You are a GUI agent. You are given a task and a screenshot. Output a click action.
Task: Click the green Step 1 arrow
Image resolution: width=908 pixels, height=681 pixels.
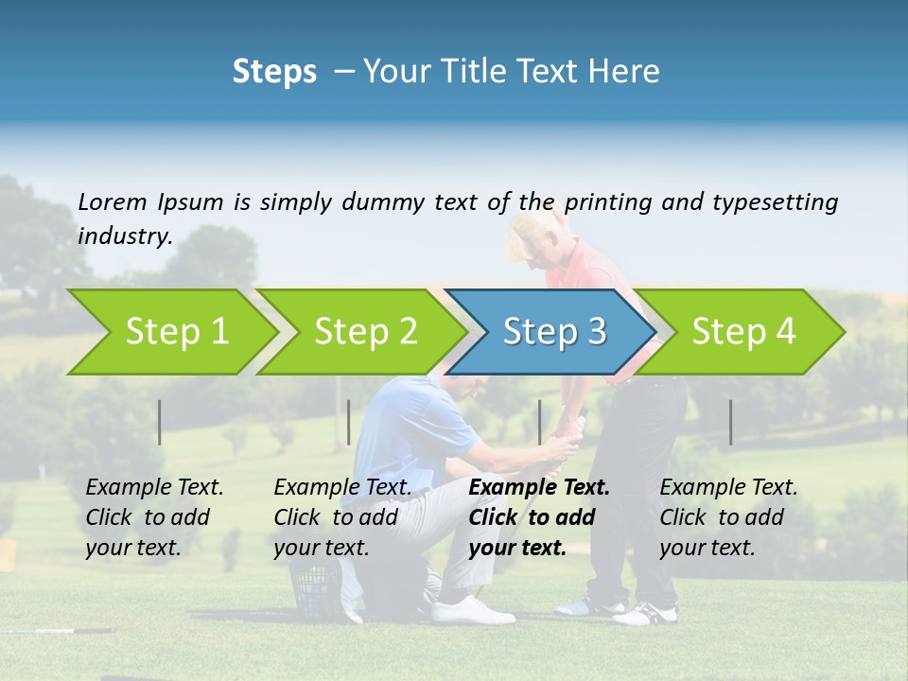(x=170, y=332)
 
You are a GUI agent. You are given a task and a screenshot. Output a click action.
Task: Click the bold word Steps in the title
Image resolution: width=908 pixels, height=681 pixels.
(x=274, y=71)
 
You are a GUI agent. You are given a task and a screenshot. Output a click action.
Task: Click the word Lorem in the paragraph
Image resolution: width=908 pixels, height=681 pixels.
(x=113, y=201)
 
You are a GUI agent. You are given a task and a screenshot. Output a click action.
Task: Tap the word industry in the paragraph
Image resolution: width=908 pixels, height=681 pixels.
(x=124, y=236)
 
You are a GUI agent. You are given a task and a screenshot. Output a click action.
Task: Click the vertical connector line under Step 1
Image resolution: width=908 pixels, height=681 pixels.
(x=160, y=422)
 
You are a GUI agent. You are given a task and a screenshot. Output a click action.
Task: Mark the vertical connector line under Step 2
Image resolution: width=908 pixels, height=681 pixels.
(x=349, y=422)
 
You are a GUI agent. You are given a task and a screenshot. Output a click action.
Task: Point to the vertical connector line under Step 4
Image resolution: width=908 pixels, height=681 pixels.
(x=730, y=422)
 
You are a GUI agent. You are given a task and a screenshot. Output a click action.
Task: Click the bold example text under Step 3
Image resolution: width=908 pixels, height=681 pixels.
(x=537, y=517)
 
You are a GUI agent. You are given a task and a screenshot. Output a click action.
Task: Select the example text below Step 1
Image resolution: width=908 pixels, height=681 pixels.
(x=153, y=517)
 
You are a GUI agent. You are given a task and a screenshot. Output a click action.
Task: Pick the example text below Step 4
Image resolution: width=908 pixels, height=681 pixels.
(x=727, y=517)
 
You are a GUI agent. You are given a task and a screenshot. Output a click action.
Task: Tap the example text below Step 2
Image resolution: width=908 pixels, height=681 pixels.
(x=341, y=517)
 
